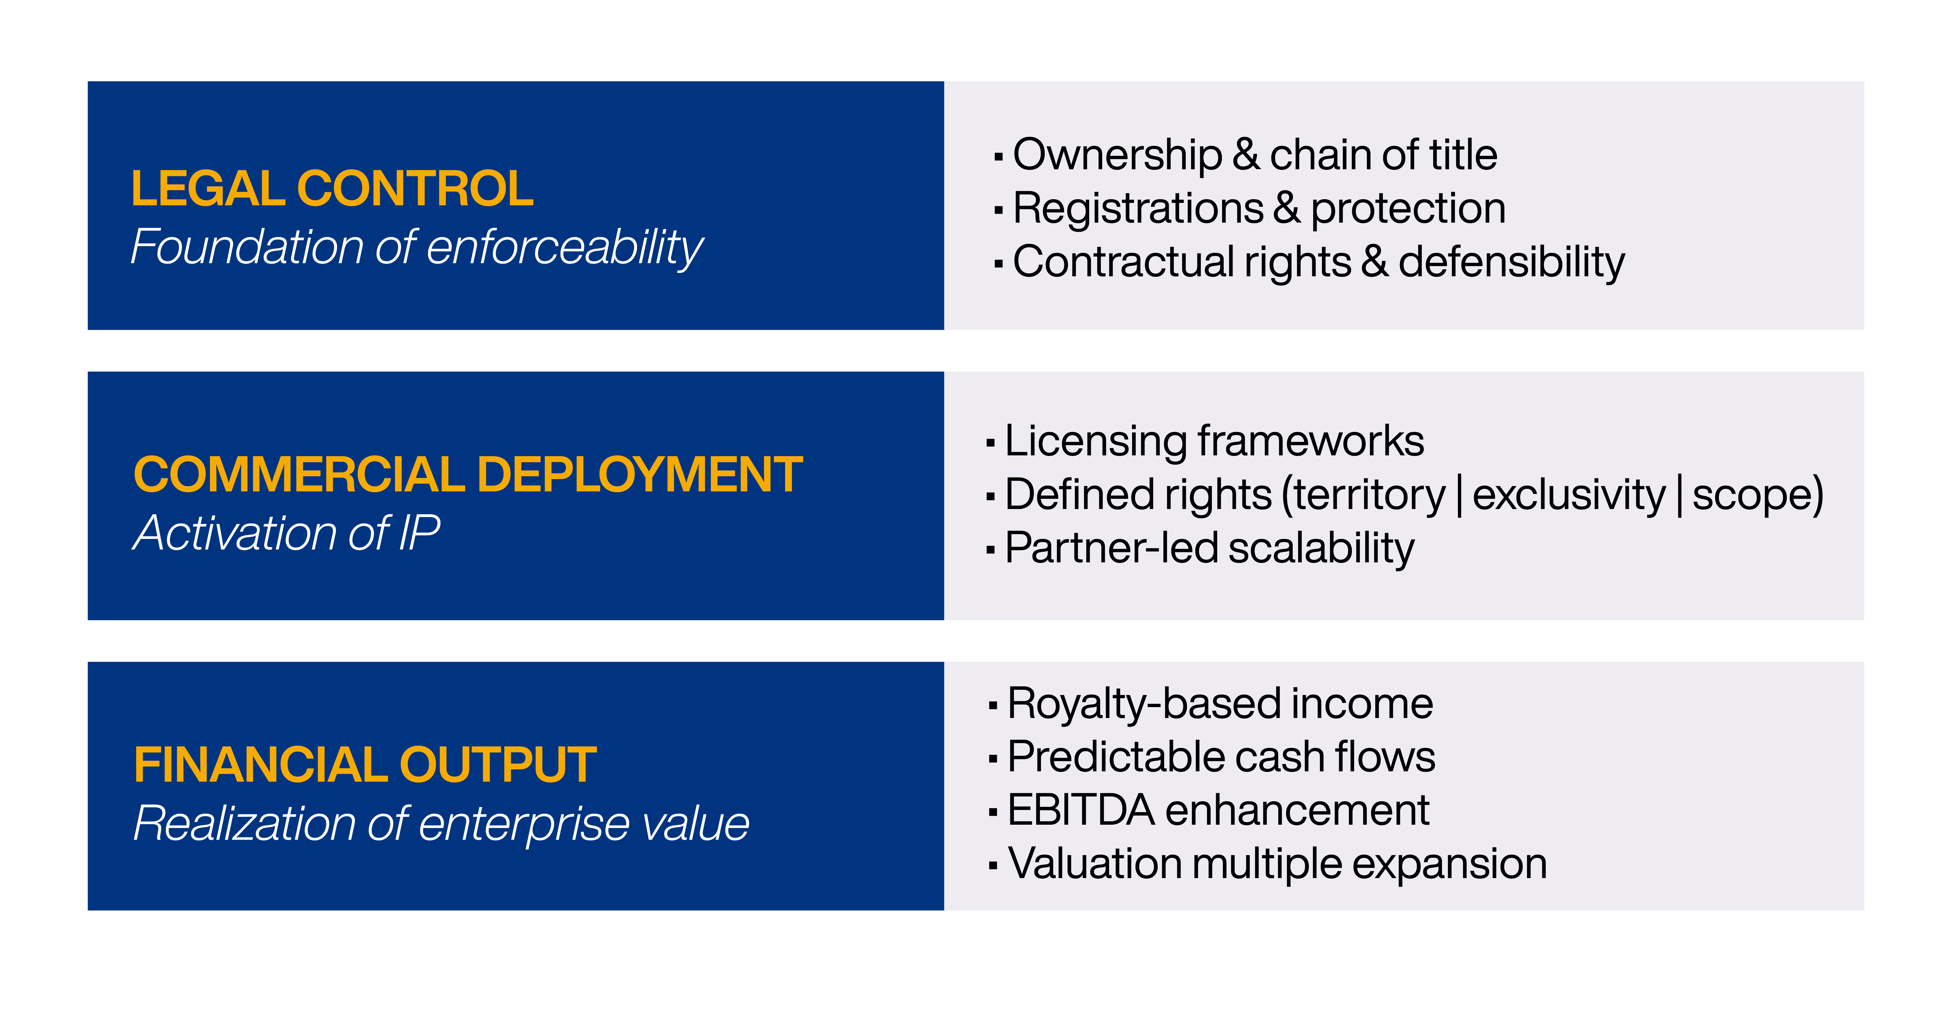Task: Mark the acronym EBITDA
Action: tap(1081, 811)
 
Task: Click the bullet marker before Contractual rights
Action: tap(998, 264)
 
